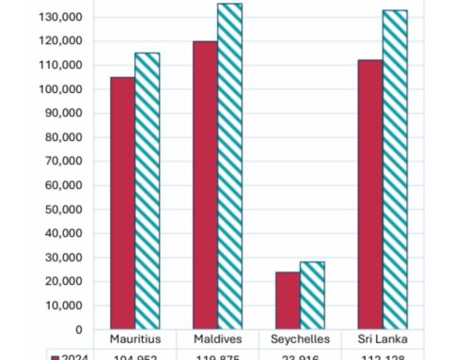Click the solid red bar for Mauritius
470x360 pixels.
point(122,203)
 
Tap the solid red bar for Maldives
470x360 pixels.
point(205,185)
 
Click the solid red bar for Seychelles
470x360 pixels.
point(288,301)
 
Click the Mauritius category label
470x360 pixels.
point(134,338)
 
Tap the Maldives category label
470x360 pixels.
point(217,338)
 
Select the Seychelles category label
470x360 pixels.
point(300,338)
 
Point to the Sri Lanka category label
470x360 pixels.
point(382,338)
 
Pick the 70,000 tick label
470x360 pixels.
point(63,162)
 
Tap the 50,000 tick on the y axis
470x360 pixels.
point(63,210)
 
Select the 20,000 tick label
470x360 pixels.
point(63,282)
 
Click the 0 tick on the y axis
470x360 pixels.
point(79,330)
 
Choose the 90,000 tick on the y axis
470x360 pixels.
point(63,114)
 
